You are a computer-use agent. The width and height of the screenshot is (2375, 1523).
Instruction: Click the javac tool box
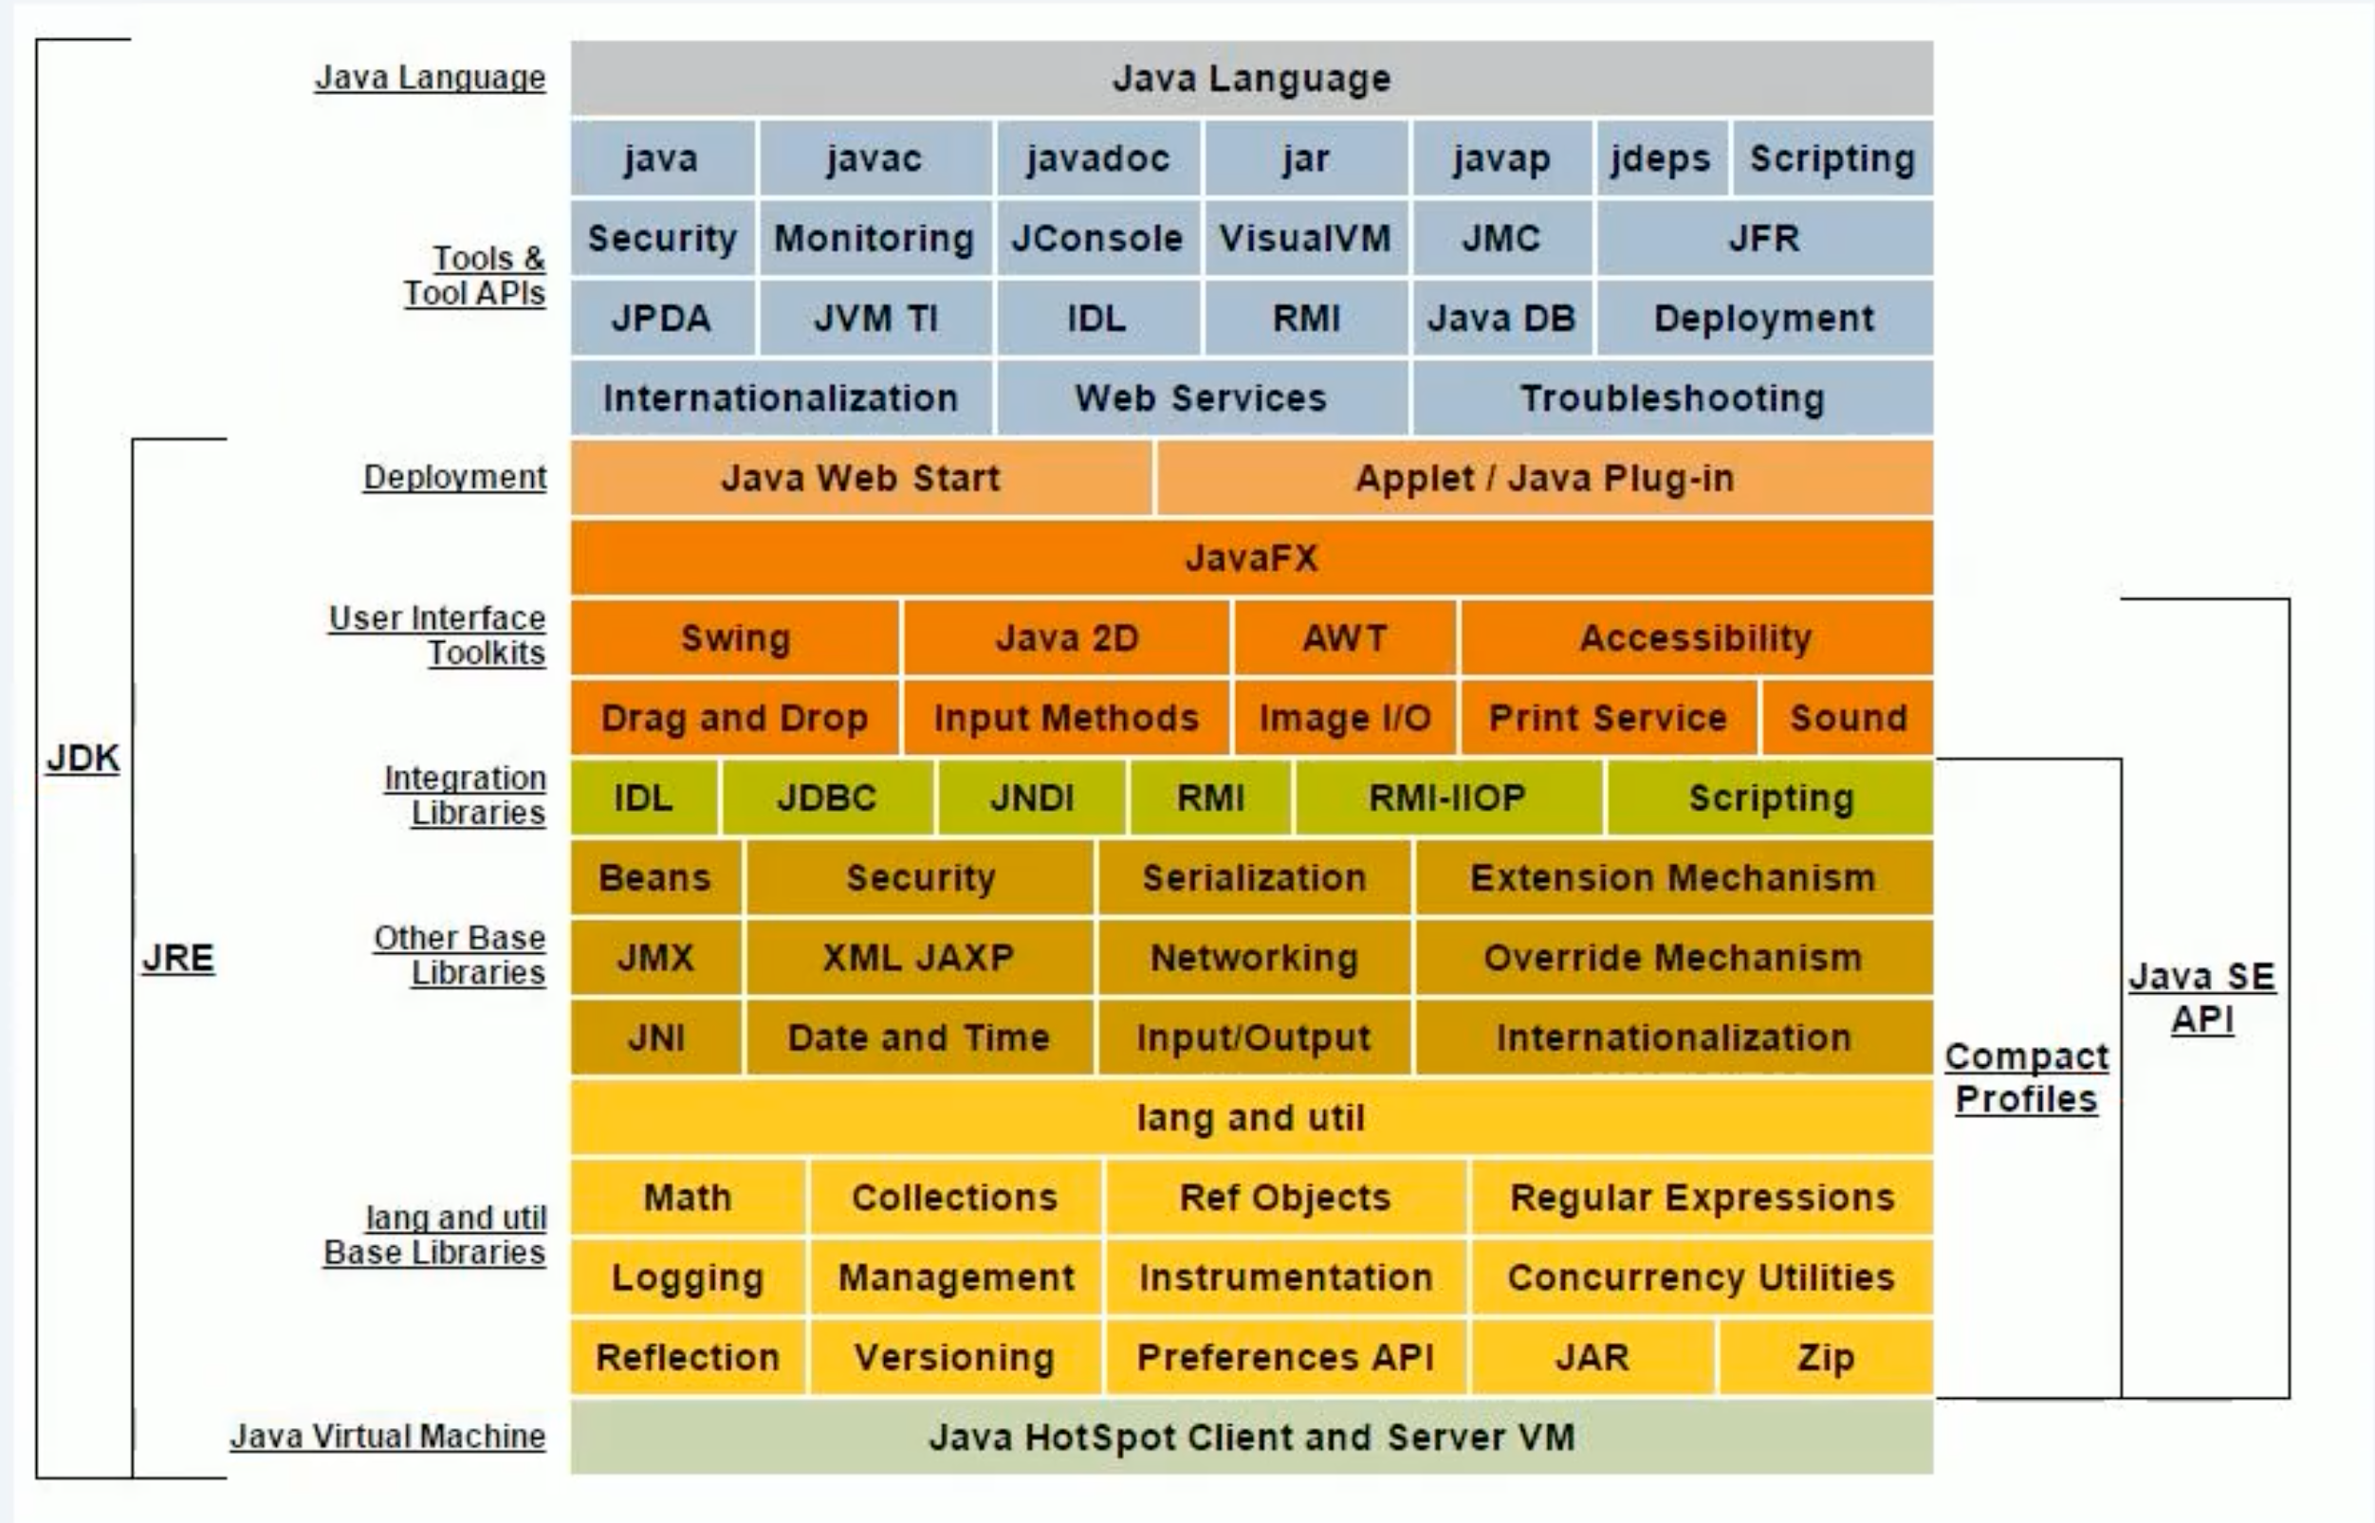pos(875,158)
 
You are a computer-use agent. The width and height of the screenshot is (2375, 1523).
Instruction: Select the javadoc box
pos(1098,158)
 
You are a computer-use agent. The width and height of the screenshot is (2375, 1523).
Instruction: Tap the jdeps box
pos(1661,158)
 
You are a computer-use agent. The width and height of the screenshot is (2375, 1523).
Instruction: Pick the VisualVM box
pos(1305,238)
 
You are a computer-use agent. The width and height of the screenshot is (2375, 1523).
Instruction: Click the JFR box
pos(1763,238)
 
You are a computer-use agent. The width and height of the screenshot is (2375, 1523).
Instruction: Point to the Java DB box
pos(1500,319)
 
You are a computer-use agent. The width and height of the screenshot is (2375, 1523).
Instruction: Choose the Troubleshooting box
pos(1671,398)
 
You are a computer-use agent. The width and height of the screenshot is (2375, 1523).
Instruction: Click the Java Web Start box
pos(860,479)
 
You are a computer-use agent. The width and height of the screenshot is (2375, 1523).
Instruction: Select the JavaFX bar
pos(1251,559)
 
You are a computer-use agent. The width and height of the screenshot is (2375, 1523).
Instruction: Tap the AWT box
pos(1344,638)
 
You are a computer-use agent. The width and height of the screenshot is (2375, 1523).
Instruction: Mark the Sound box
pos(1848,718)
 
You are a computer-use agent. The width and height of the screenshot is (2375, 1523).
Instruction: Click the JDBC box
pos(827,798)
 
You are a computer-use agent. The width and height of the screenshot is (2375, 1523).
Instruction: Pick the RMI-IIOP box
pos(1447,798)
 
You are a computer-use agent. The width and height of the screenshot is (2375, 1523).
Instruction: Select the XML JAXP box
pos(919,957)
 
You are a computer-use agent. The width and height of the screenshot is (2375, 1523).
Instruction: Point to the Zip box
pos(1825,1358)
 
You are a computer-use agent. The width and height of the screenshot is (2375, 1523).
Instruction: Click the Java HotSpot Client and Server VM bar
pos(1251,1437)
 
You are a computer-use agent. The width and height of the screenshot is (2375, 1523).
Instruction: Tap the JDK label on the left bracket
pos(83,759)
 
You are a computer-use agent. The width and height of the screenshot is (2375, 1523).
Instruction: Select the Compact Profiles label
pos(2027,1078)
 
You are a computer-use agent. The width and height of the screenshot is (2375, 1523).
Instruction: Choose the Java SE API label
pos(2201,997)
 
